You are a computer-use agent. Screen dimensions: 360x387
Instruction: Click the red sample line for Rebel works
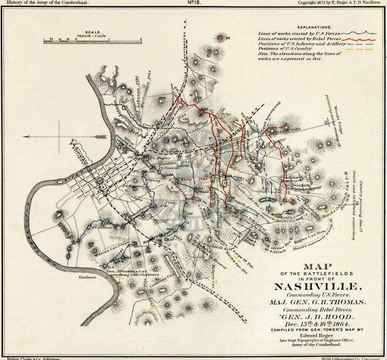358,38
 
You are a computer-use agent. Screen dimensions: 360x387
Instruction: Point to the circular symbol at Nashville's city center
101,181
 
